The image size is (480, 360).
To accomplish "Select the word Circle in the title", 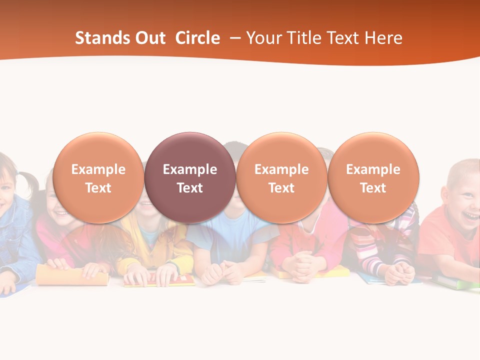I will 197,38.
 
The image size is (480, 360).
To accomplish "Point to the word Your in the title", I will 261,38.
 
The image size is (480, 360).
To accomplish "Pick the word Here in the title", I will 383,38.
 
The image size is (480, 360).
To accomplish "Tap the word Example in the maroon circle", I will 190,169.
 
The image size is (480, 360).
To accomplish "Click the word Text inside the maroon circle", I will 190,188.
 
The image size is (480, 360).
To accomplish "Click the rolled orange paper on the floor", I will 72,275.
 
